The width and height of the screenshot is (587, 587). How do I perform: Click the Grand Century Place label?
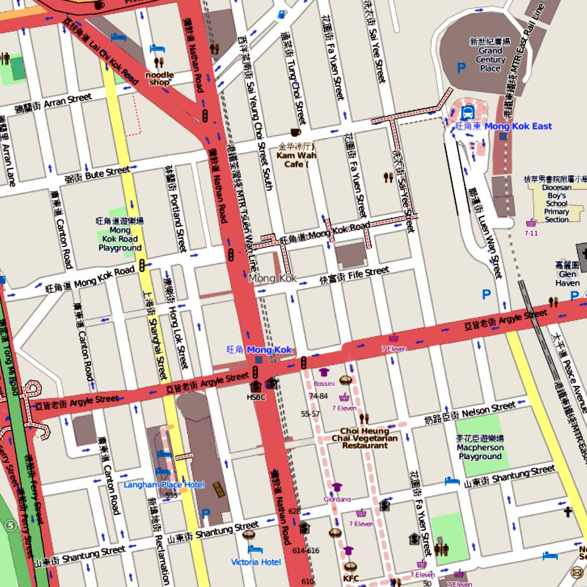point(490,59)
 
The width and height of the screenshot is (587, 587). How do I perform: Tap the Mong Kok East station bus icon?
point(467,112)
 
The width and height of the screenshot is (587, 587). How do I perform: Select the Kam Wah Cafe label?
point(296,159)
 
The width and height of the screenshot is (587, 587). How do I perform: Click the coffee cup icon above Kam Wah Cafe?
point(295,132)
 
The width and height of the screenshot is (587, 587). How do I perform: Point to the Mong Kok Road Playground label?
point(120,239)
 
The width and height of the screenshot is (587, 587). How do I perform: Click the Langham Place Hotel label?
point(164,485)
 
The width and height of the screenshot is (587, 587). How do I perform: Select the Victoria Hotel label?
point(256,562)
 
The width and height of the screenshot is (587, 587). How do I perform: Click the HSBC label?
point(256,397)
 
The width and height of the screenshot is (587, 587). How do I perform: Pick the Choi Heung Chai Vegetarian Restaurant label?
point(365,438)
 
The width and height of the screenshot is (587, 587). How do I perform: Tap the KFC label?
point(351,578)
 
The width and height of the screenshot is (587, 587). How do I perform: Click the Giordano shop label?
point(336,499)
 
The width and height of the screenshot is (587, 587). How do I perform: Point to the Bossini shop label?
point(324,383)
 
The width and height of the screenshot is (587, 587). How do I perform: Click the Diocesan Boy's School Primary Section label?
point(556,204)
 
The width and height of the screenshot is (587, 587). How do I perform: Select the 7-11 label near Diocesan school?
point(531,233)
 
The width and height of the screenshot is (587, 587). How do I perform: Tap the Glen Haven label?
point(567,278)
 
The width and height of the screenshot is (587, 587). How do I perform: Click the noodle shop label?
point(159,79)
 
